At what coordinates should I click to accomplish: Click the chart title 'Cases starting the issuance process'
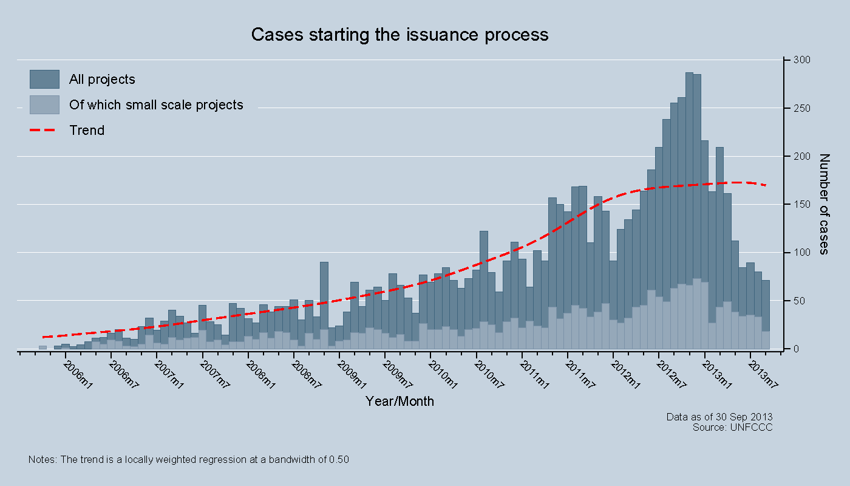[399, 34]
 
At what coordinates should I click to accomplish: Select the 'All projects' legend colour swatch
[44, 79]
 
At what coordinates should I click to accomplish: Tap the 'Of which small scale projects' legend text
[156, 104]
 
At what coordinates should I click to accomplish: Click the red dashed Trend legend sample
[44, 130]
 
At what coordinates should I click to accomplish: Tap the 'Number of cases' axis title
[824, 204]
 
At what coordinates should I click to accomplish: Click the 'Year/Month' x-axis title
[399, 401]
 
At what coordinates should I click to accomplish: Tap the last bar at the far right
[766, 313]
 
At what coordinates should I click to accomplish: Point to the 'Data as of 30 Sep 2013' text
[719, 417]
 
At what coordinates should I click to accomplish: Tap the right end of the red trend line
[766, 185]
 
